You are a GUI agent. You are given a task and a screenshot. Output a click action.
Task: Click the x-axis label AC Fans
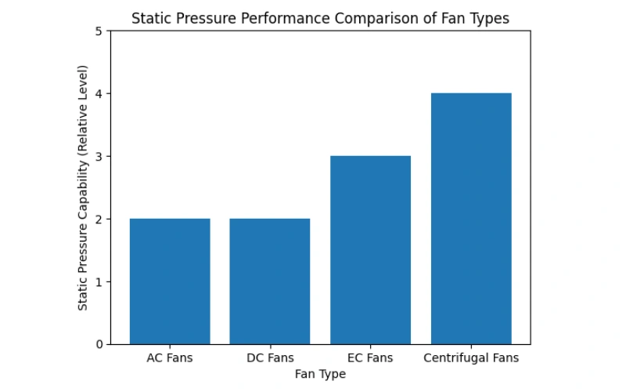pos(170,358)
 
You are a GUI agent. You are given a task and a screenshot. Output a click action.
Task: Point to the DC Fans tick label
pos(270,358)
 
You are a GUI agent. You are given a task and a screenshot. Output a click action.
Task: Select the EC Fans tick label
pos(370,358)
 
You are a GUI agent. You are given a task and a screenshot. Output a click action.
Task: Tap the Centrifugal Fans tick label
pos(471,358)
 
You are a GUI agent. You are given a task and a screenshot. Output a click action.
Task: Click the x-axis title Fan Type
pos(320,374)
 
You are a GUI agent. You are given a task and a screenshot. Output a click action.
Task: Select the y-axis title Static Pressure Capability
pos(82,187)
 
